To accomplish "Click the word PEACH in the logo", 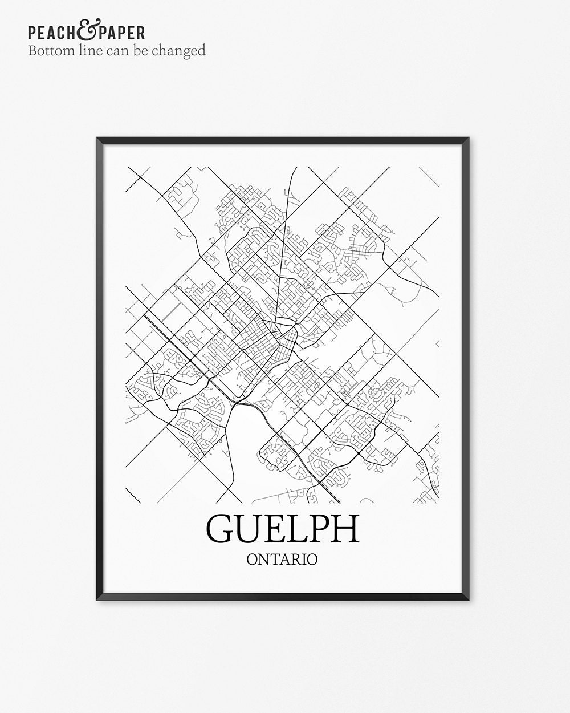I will click(x=52, y=33).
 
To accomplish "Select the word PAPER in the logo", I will click(x=120, y=33).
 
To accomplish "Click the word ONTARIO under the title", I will click(x=282, y=558).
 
